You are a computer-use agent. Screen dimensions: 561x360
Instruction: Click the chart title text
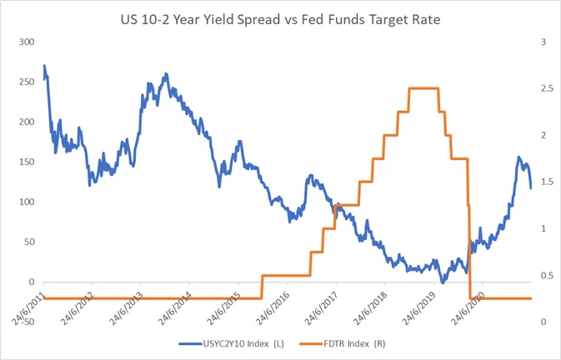click(x=280, y=20)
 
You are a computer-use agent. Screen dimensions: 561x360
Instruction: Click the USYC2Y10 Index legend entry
click(x=232, y=344)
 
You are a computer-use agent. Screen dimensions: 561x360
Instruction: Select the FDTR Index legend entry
click(x=343, y=344)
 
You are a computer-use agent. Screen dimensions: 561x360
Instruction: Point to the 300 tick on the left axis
click(x=27, y=42)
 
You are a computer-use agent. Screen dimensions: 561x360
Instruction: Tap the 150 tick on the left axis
click(x=27, y=162)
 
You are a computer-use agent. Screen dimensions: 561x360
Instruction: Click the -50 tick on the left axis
click(x=27, y=322)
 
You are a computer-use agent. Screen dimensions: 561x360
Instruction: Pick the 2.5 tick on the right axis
click(x=548, y=88)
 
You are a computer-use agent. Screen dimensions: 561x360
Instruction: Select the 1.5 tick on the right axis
click(x=548, y=182)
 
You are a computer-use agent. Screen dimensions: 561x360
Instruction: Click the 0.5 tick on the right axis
click(x=548, y=275)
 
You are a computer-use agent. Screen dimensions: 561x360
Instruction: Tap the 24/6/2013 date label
click(x=126, y=308)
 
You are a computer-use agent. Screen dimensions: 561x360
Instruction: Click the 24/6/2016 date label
click(x=273, y=308)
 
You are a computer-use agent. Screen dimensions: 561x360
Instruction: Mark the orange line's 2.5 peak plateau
click(x=424, y=88)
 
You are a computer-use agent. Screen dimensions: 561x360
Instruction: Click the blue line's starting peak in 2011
click(x=44, y=66)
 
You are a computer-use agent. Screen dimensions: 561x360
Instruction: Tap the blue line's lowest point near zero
click(x=443, y=282)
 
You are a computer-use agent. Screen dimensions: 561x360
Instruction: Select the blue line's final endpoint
click(x=531, y=188)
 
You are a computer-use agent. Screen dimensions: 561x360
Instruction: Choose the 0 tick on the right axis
click(x=543, y=322)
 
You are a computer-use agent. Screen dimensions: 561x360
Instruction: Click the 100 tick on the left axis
click(x=27, y=202)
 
